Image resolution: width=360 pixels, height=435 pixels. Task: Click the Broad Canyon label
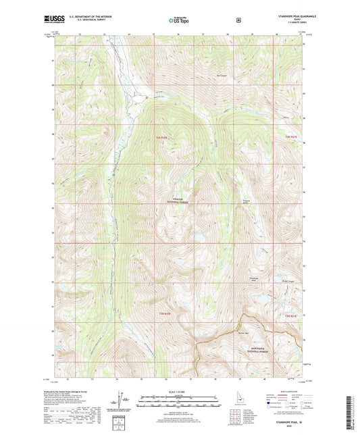289,281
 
